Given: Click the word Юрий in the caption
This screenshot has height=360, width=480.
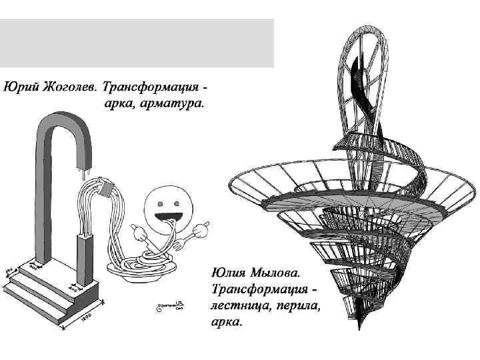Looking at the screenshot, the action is pyautogui.click(x=20, y=88).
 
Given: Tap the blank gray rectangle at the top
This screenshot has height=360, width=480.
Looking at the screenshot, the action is pyautogui.click(x=137, y=43).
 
